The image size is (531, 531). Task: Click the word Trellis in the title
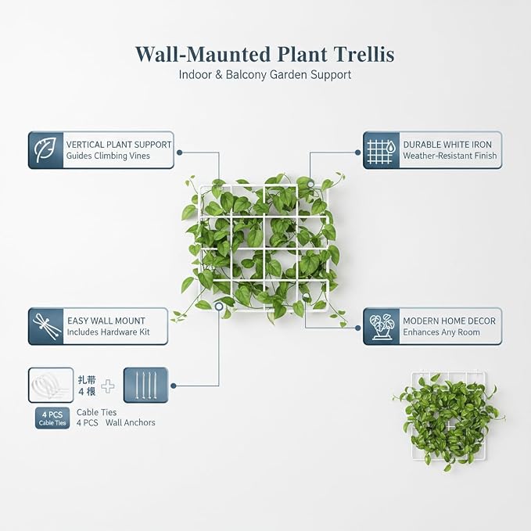[364, 54]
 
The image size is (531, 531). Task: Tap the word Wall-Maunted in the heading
[203, 54]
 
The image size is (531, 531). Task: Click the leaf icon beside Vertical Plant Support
[45, 149]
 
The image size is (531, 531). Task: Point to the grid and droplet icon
[382, 150]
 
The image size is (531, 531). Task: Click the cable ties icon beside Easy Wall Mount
[46, 326]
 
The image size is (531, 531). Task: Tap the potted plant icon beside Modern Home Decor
[382, 326]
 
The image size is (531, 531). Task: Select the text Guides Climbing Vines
[108, 156]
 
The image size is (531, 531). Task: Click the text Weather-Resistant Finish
[450, 156]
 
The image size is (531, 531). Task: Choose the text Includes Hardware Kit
[109, 332]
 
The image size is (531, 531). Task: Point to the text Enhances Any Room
[441, 332]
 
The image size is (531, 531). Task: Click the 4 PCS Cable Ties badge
[52, 418]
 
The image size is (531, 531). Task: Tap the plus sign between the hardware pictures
[108, 386]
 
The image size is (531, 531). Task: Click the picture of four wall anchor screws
[145, 386]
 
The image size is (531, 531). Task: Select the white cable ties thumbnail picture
[51, 385]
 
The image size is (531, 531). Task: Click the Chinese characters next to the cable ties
[87, 386]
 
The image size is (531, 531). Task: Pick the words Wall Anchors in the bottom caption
[131, 422]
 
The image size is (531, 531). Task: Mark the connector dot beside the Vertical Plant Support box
[180, 152]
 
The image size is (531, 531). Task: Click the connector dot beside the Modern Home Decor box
[357, 328]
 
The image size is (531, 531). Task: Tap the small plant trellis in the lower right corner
[449, 420]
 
